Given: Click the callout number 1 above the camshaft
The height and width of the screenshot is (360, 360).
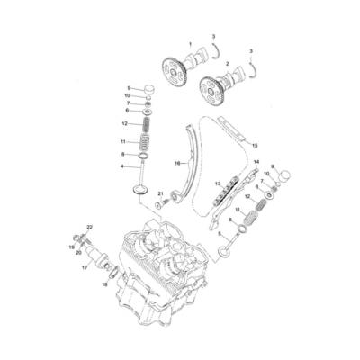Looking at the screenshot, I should point(190,44).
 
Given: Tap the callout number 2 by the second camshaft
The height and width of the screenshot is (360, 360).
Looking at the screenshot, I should point(227,64).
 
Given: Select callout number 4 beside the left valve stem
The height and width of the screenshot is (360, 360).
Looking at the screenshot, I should point(123,166).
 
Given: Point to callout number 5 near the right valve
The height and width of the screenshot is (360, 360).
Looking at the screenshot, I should point(220,233).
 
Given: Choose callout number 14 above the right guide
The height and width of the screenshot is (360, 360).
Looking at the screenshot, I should point(256,162).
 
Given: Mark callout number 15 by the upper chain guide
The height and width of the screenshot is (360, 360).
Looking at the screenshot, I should point(255,144).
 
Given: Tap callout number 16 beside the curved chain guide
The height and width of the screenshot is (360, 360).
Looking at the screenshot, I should point(177,163).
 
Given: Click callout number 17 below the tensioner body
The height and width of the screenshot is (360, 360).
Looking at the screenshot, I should point(84,267).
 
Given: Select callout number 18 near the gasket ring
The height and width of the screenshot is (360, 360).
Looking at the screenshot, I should point(104,284).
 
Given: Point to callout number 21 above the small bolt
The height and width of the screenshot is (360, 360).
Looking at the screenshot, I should point(160,193).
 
